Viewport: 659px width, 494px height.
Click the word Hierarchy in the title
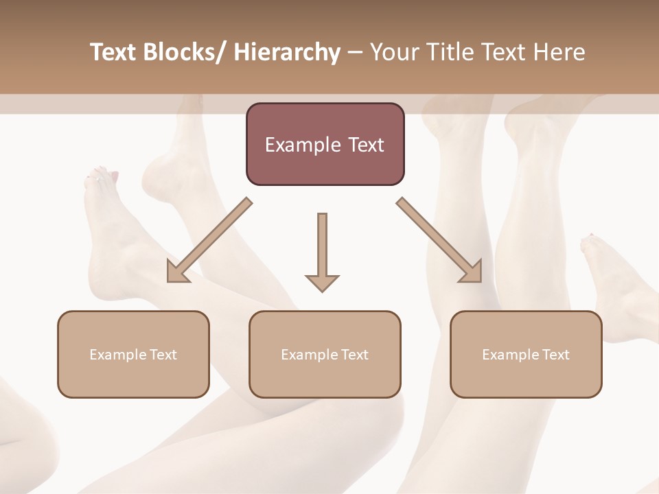[x=287, y=52]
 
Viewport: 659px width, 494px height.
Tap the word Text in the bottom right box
[x=556, y=355]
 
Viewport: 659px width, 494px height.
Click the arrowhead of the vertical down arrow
[x=322, y=281]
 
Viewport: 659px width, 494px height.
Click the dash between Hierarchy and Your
[x=355, y=52]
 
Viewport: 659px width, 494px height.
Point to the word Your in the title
[x=393, y=52]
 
